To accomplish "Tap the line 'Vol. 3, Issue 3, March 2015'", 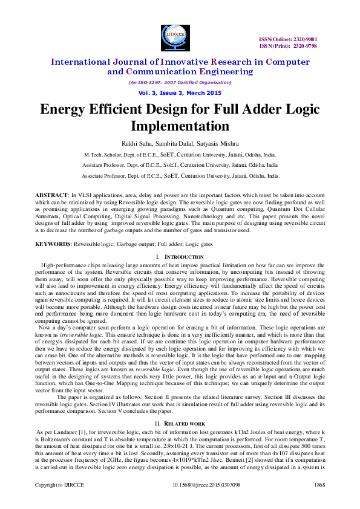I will pyautogui.click(x=180, y=92).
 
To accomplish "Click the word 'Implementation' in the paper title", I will pyautogui.click(x=180, y=126).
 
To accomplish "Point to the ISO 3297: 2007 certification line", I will pyautogui.click(x=180, y=82).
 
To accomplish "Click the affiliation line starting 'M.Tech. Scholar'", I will pyautogui.click(x=180, y=155).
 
